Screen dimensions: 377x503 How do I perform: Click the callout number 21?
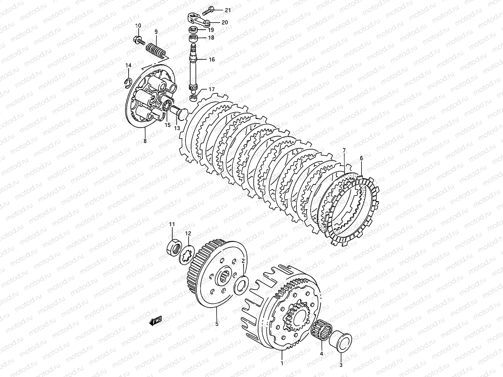(x=228, y=10)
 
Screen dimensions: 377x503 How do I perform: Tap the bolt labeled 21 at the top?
(x=208, y=11)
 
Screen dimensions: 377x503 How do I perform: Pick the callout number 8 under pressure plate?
(x=145, y=141)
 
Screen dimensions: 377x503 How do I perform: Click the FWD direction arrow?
(x=156, y=320)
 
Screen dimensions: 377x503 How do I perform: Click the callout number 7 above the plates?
(x=344, y=151)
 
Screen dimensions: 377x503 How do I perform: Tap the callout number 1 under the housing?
(x=282, y=363)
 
